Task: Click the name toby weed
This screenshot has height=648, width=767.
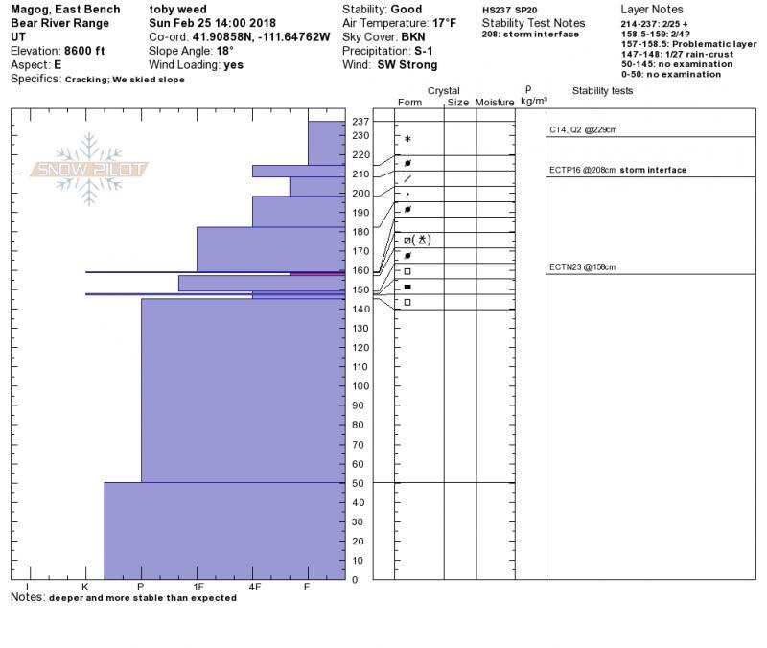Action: pos(178,10)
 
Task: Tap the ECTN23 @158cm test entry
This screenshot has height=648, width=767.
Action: pos(582,267)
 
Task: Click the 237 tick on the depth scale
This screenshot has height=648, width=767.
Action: pos(360,122)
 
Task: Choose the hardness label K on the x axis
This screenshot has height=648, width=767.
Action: pos(85,586)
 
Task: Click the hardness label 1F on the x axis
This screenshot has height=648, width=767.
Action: pos(198,586)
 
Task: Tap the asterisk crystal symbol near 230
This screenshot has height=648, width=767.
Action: pos(407,140)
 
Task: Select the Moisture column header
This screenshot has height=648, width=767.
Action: pos(495,102)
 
